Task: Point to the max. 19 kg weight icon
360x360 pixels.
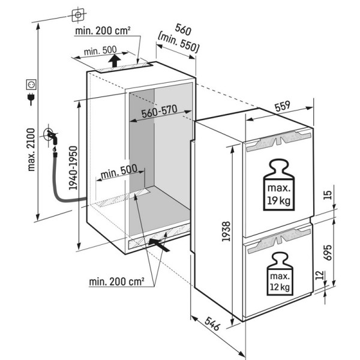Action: pyautogui.click(x=277, y=185)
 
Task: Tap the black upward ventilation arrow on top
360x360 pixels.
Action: pyautogui.click(x=115, y=60)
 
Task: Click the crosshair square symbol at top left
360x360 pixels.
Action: pyautogui.click(x=77, y=13)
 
